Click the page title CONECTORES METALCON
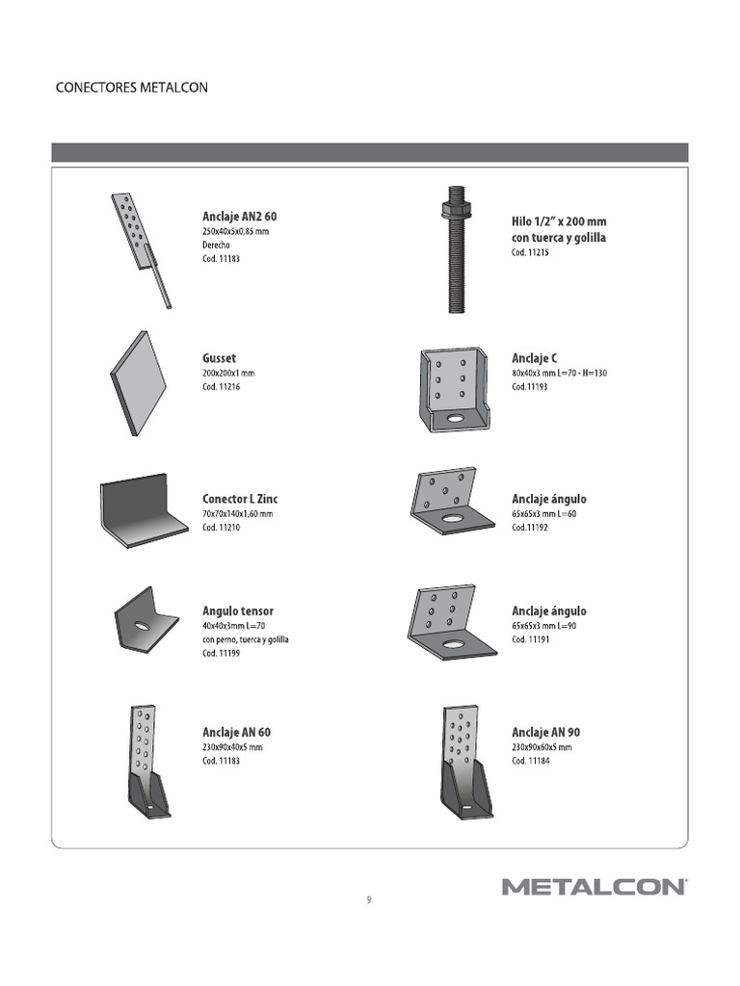tap(132, 88)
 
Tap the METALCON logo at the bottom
tap(594, 886)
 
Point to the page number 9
tap(369, 900)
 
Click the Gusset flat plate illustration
tap(139, 383)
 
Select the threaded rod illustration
tap(455, 260)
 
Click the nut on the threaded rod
tap(455, 208)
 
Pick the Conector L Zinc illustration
tap(143, 511)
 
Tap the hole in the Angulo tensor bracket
tap(142, 627)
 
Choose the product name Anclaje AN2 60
tap(240, 217)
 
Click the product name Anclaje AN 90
tap(545, 732)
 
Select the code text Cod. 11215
tap(530, 252)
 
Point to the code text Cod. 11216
tap(221, 387)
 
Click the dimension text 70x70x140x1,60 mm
tap(237, 514)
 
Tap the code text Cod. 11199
tap(221, 654)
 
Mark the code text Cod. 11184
tap(530, 761)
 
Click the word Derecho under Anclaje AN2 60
tap(216, 246)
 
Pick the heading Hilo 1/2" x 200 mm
tap(559, 221)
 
